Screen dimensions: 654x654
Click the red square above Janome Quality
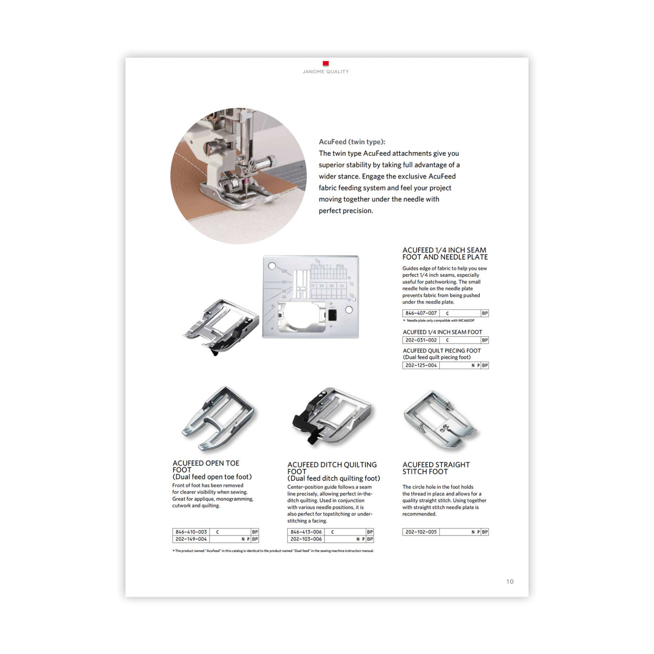pos(326,63)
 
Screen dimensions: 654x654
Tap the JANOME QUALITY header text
pos(326,72)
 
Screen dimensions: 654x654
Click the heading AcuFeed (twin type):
pos(352,142)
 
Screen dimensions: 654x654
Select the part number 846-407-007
pos(421,313)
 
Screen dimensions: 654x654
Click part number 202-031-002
pos(421,340)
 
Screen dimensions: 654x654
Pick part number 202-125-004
pos(421,365)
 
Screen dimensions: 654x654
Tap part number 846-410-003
pos(191,532)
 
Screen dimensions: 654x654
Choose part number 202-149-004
pos(191,539)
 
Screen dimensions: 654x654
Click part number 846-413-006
pos(306,532)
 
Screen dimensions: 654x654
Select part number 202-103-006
pos(306,539)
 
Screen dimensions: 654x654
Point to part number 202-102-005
pos(421,532)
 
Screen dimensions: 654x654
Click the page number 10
pos(510,582)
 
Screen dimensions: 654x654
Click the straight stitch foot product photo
pos(441,419)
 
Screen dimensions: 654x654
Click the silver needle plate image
pos(311,297)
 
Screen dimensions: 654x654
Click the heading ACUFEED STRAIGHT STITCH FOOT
pos(436,468)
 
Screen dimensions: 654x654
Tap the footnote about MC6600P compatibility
pos(439,321)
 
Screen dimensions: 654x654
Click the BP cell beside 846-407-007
pos(485,313)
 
